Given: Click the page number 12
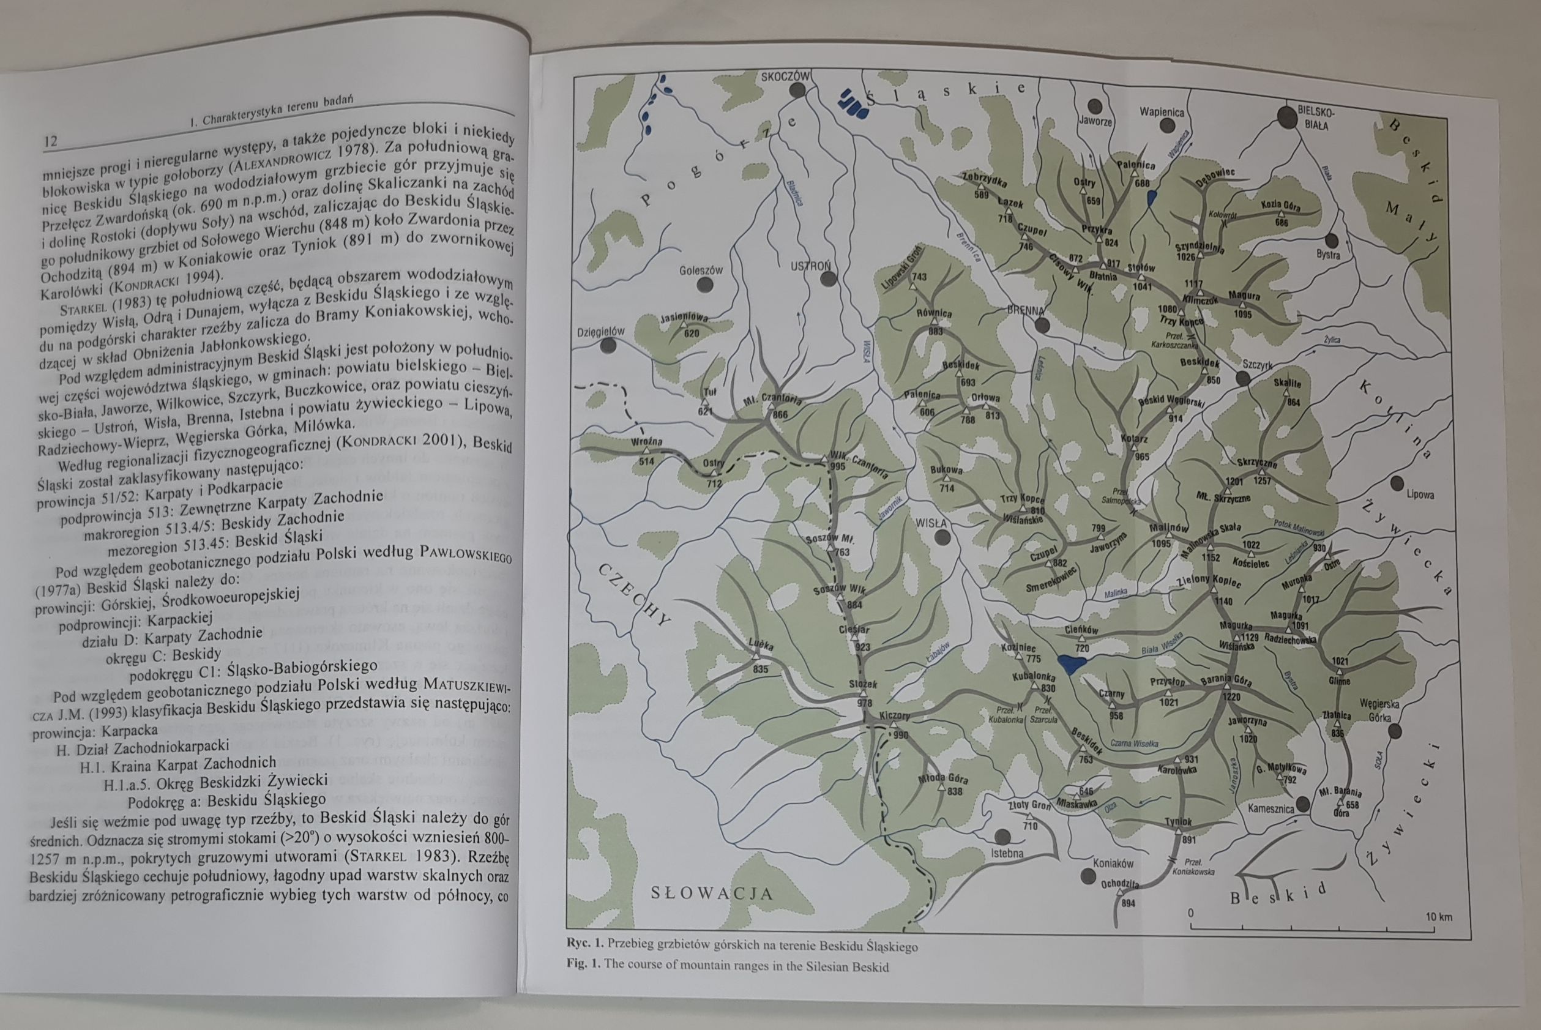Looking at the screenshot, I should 51,141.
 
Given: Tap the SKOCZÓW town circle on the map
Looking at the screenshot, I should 797,90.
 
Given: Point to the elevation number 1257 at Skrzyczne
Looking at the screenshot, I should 1262,481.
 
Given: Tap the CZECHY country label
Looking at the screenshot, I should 636,594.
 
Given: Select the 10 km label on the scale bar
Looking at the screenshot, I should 1439,916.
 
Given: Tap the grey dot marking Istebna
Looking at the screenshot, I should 1002,836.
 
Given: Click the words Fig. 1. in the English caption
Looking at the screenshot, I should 584,966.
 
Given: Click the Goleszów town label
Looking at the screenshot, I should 701,270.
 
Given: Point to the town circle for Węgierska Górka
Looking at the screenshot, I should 1395,731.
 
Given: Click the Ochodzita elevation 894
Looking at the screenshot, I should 1127,903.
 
